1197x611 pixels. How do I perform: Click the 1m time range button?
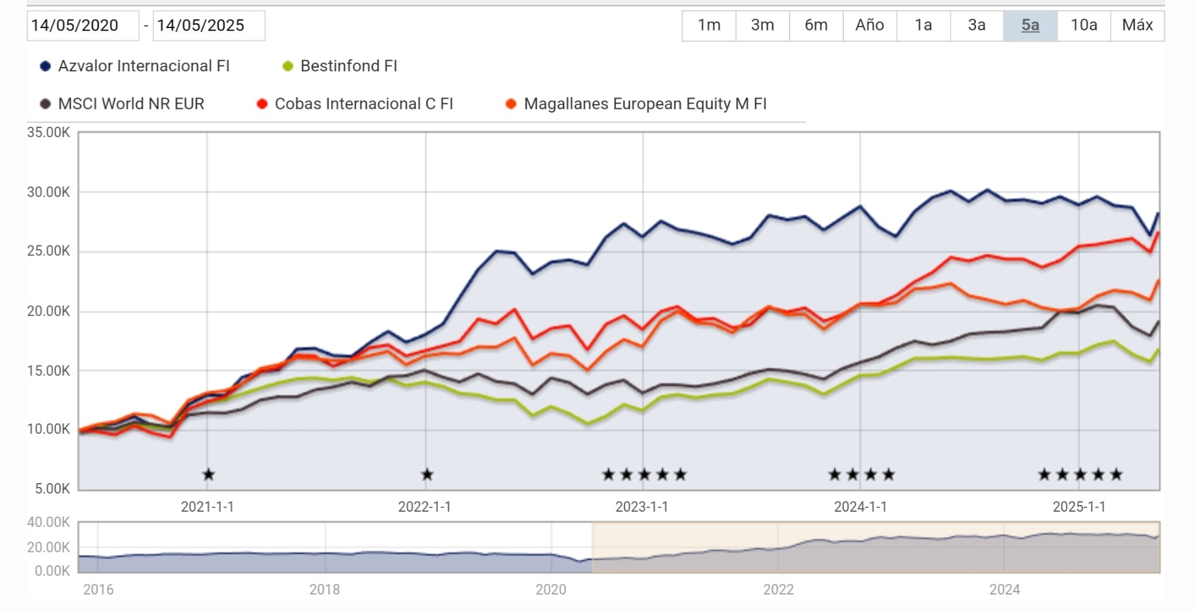tap(709, 25)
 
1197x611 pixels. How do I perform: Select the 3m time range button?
tap(762, 25)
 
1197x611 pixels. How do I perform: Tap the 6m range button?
tap(816, 25)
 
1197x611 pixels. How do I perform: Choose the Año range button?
tap(869, 25)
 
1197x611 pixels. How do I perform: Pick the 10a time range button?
tap(1084, 25)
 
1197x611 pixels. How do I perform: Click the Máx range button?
tap(1137, 25)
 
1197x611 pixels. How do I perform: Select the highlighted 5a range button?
tap(1030, 25)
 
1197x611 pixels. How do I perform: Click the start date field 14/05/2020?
tap(82, 26)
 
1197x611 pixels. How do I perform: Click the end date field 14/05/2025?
tap(208, 26)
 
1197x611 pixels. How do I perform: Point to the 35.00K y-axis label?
tap(49, 132)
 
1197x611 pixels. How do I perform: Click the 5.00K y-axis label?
tap(52, 489)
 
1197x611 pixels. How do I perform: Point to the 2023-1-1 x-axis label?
tap(642, 507)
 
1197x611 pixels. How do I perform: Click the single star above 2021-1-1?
tap(208, 474)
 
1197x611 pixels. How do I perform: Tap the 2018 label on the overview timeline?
tap(325, 589)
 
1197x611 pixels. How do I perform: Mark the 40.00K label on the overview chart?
tap(49, 522)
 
